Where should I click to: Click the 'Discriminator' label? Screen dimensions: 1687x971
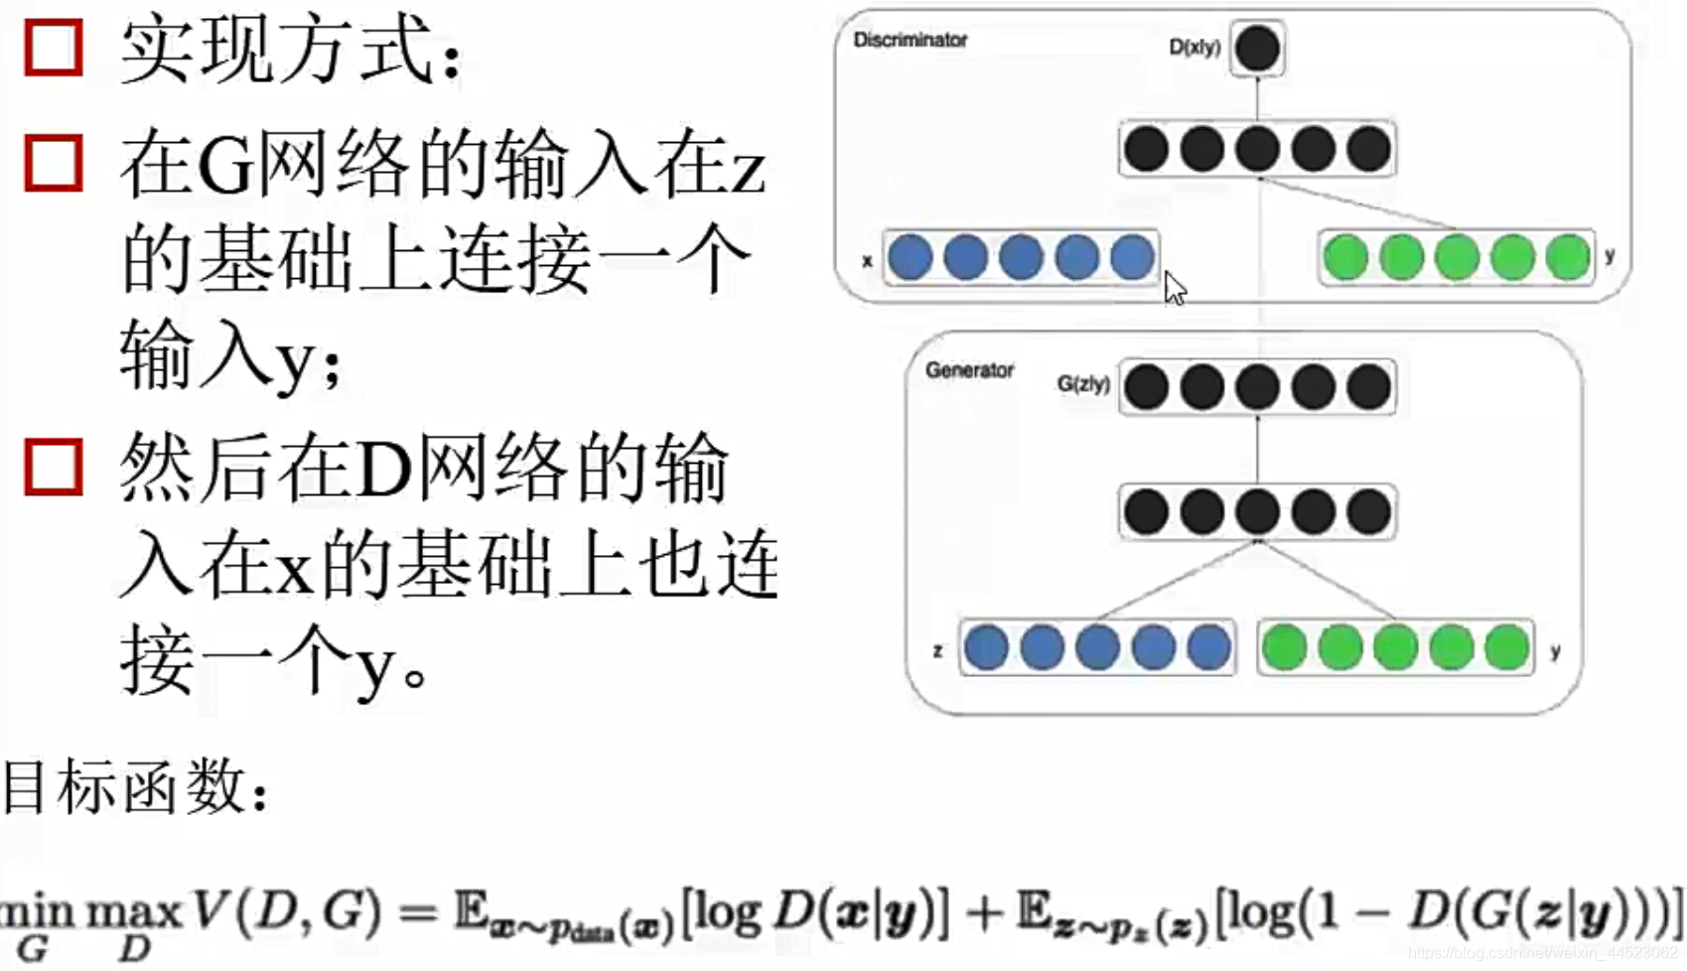pyautogui.click(x=910, y=41)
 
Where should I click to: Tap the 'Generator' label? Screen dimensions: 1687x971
pyautogui.click(x=969, y=370)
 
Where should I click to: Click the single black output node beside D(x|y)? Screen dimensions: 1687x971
pyautogui.click(x=1257, y=48)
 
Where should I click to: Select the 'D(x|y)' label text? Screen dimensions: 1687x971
pyautogui.click(x=1194, y=47)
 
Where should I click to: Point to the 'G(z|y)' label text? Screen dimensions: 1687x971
pyautogui.click(x=1082, y=384)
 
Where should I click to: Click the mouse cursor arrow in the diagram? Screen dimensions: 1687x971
pyautogui.click(x=1175, y=288)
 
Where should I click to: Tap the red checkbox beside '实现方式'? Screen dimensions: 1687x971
pyautogui.click(x=53, y=47)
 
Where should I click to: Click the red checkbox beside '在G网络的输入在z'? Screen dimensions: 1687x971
pyautogui.click(x=53, y=163)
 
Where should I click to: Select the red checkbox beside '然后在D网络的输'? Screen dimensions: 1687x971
pyautogui.click(x=53, y=467)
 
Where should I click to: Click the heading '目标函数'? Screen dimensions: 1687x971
pyautogui.click(x=134, y=786)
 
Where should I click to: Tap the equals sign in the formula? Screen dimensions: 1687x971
pyautogui.click(x=418, y=910)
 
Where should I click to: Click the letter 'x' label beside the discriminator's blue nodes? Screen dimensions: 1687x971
pyautogui.click(x=867, y=261)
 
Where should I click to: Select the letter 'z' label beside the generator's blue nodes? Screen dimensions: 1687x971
pyautogui.click(x=937, y=651)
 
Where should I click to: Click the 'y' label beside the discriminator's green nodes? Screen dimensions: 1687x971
pyautogui.click(x=1610, y=255)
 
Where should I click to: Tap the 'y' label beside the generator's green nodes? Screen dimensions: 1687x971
pyautogui.click(x=1555, y=651)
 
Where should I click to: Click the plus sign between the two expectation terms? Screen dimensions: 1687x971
pyautogui.click(x=984, y=910)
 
